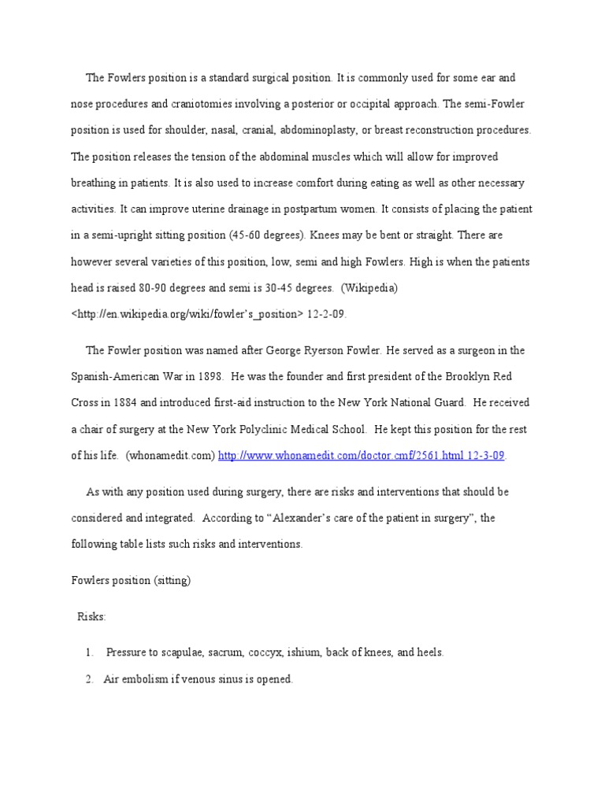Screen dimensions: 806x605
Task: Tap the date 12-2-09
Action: [327, 313]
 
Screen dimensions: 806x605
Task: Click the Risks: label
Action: [91, 617]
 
